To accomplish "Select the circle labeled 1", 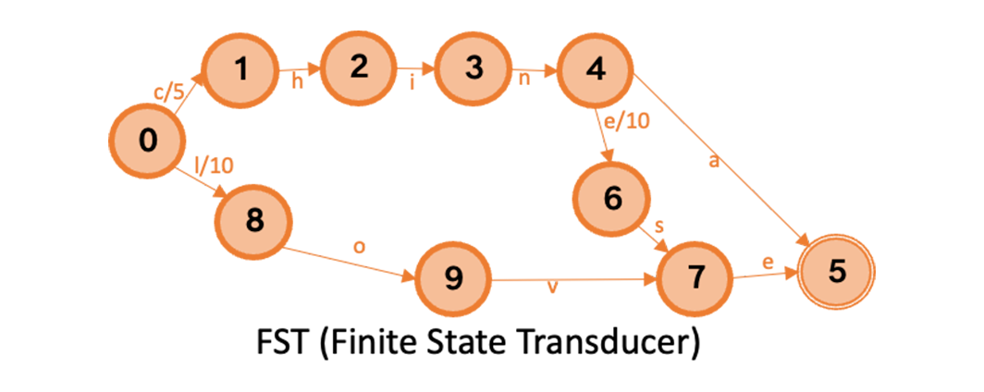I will [241, 70].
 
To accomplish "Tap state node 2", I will [359, 68].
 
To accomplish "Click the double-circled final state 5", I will [835, 274].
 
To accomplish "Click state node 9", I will [453, 279].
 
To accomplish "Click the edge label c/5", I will [167, 92].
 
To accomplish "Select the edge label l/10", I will [215, 166].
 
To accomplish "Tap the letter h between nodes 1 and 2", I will [298, 81].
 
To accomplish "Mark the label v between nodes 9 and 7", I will [553, 287].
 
